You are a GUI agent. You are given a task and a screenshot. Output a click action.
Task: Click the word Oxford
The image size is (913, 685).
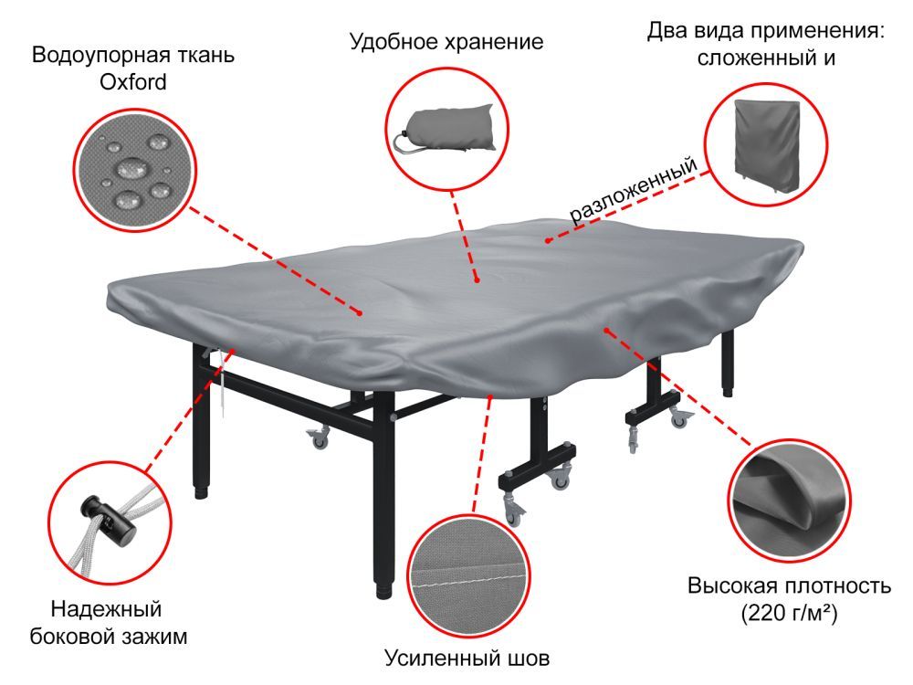(x=132, y=82)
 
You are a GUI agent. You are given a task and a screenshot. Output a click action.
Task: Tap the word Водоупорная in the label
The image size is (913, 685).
(x=88, y=55)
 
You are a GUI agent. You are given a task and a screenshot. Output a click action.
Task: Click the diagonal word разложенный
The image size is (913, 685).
(x=634, y=190)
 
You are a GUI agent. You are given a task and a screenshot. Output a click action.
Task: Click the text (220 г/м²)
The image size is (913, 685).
(x=790, y=614)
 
